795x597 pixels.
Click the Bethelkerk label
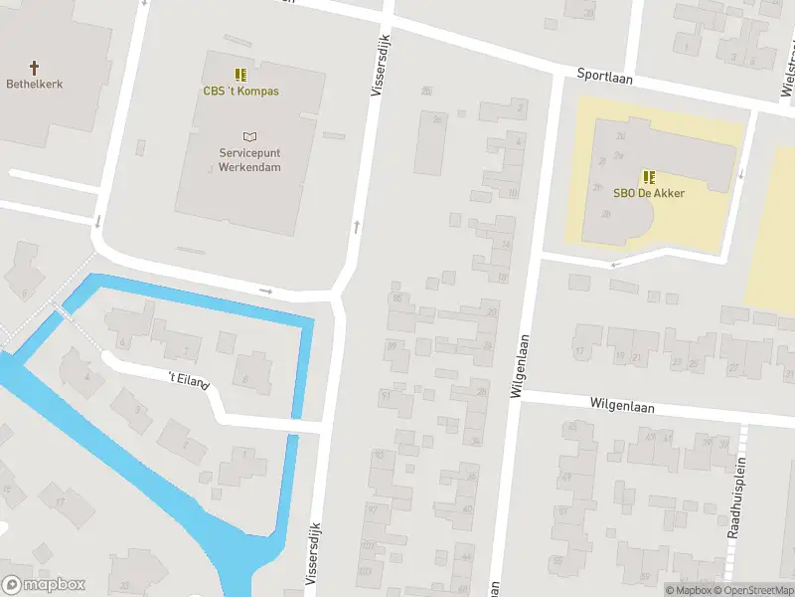(34, 85)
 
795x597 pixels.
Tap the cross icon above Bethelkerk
(34, 67)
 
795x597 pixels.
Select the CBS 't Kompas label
(240, 92)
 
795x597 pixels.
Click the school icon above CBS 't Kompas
(240, 74)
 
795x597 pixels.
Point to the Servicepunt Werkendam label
(249, 160)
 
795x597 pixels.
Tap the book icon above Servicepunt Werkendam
(249, 136)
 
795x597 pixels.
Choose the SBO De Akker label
(648, 193)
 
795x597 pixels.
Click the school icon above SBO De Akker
(648, 176)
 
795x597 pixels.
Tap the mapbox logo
(44, 585)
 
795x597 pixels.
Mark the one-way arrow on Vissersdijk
(356, 227)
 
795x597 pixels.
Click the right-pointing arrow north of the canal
(265, 291)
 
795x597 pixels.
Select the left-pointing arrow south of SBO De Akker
(617, 264)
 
